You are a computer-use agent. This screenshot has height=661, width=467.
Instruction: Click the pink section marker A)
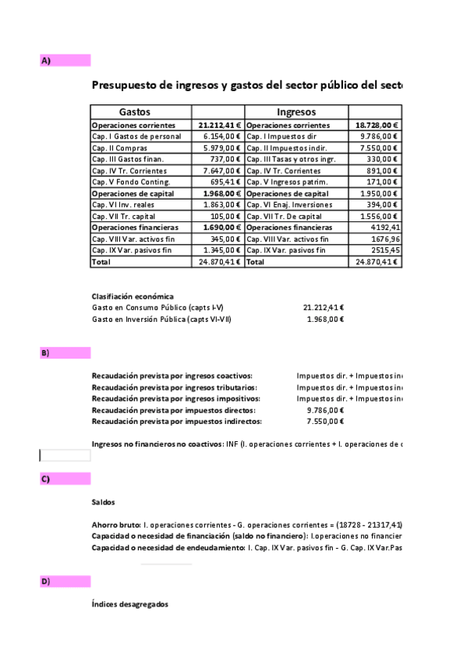click(65, 60)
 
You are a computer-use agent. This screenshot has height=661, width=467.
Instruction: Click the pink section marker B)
click(65, 353)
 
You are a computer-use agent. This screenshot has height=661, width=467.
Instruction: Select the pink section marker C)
click(65, 479)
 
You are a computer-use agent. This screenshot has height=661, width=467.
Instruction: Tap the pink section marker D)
click(65, 581)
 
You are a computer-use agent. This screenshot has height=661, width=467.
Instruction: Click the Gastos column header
click(134, 112)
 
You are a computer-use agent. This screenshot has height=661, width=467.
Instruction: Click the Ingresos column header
click(295, 112)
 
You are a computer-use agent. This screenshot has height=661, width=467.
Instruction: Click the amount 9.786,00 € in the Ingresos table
click(377, 136)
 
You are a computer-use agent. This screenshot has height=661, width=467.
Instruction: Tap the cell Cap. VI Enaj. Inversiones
click(288, 205)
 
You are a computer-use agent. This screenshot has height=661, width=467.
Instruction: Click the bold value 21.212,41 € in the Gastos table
click(220, 125)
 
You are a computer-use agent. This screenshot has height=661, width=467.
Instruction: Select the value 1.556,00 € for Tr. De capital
click(377, 216)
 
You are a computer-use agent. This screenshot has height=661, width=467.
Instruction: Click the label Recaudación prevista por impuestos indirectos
click(173, 422)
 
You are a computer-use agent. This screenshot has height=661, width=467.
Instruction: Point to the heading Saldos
click(103, 503)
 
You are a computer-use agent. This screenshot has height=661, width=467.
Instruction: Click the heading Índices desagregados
click(129, 605)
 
